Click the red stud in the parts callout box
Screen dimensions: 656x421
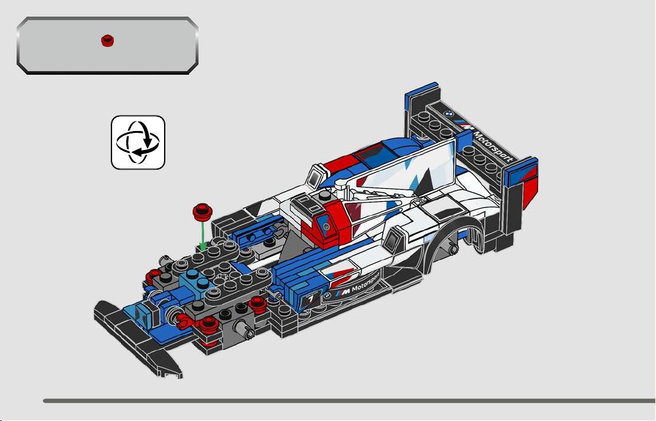[107, 40]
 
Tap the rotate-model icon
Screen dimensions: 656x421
[138, 142]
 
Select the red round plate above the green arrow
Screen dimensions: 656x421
[203, 212]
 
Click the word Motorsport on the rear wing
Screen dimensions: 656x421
[493, 146]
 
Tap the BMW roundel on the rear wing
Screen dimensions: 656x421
[449, 114]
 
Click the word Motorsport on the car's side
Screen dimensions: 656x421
[366, 283]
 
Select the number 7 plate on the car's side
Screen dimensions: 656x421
[311, 298]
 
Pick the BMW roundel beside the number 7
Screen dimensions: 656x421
[328, 295]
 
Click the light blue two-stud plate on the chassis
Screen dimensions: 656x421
[197, 280]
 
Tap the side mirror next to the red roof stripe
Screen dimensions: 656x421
[316, 176]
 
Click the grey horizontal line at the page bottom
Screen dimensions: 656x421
[349, 401]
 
